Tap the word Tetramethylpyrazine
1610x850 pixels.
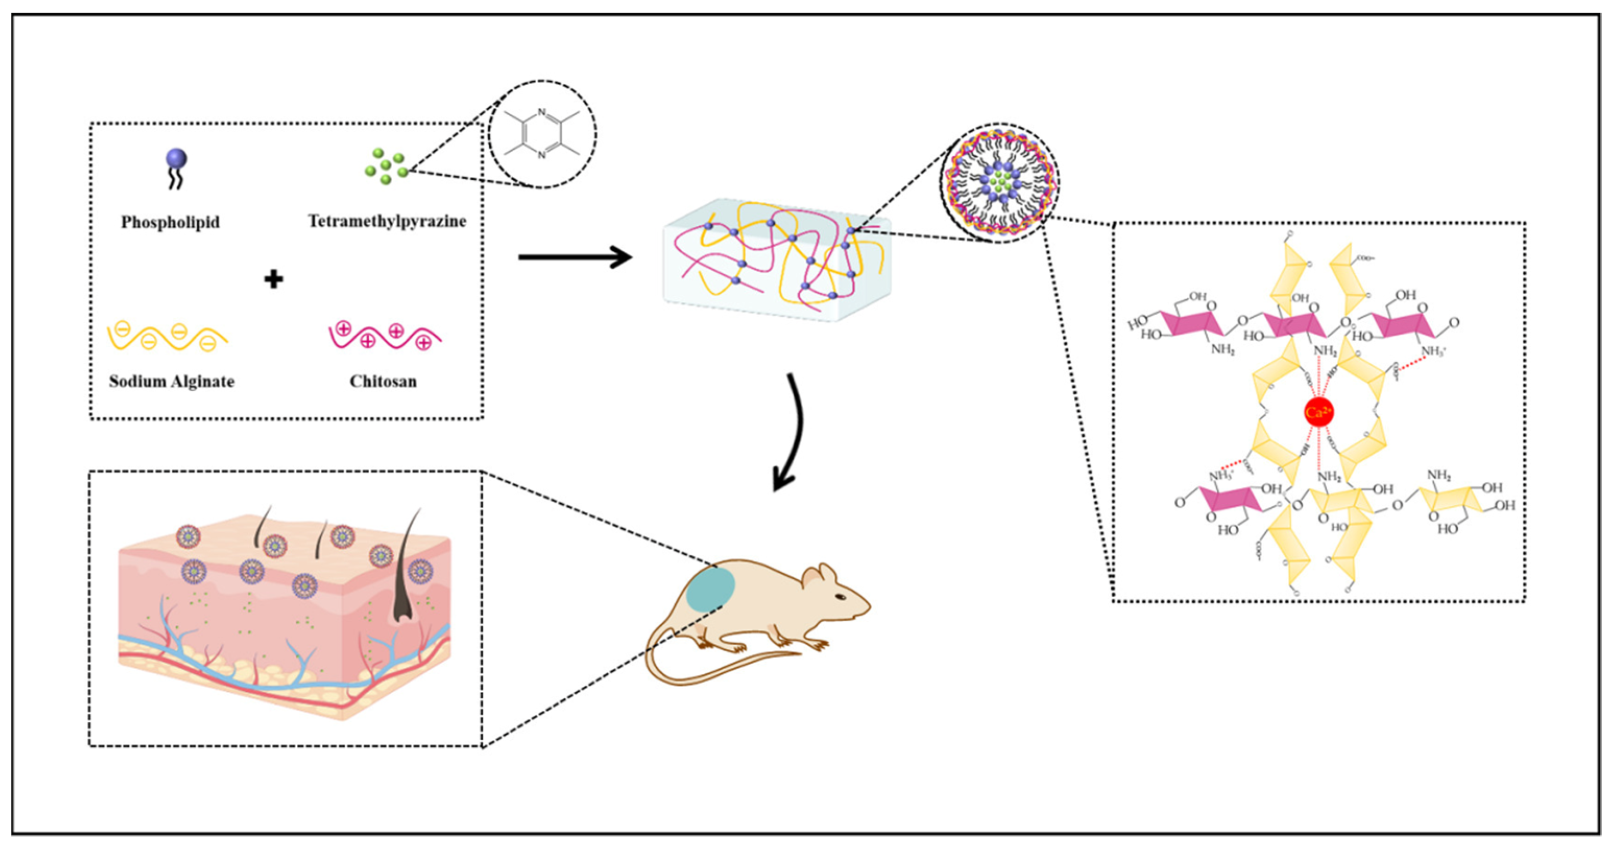pyautogui.click(x=387, y=221)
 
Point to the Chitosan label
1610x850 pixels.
pyautogui.click(x=383, y=381)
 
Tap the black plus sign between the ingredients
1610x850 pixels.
pyautogui.click(x=273, y=279)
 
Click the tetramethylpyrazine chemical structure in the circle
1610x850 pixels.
pyautogui.click(x=542, y=133)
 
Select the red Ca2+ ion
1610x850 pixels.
pyautogui.click(x=1319, y=412)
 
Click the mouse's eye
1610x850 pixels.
pyautogui.click(x=841, y=597)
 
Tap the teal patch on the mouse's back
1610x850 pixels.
pyautogui.click(x=711, y=588)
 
